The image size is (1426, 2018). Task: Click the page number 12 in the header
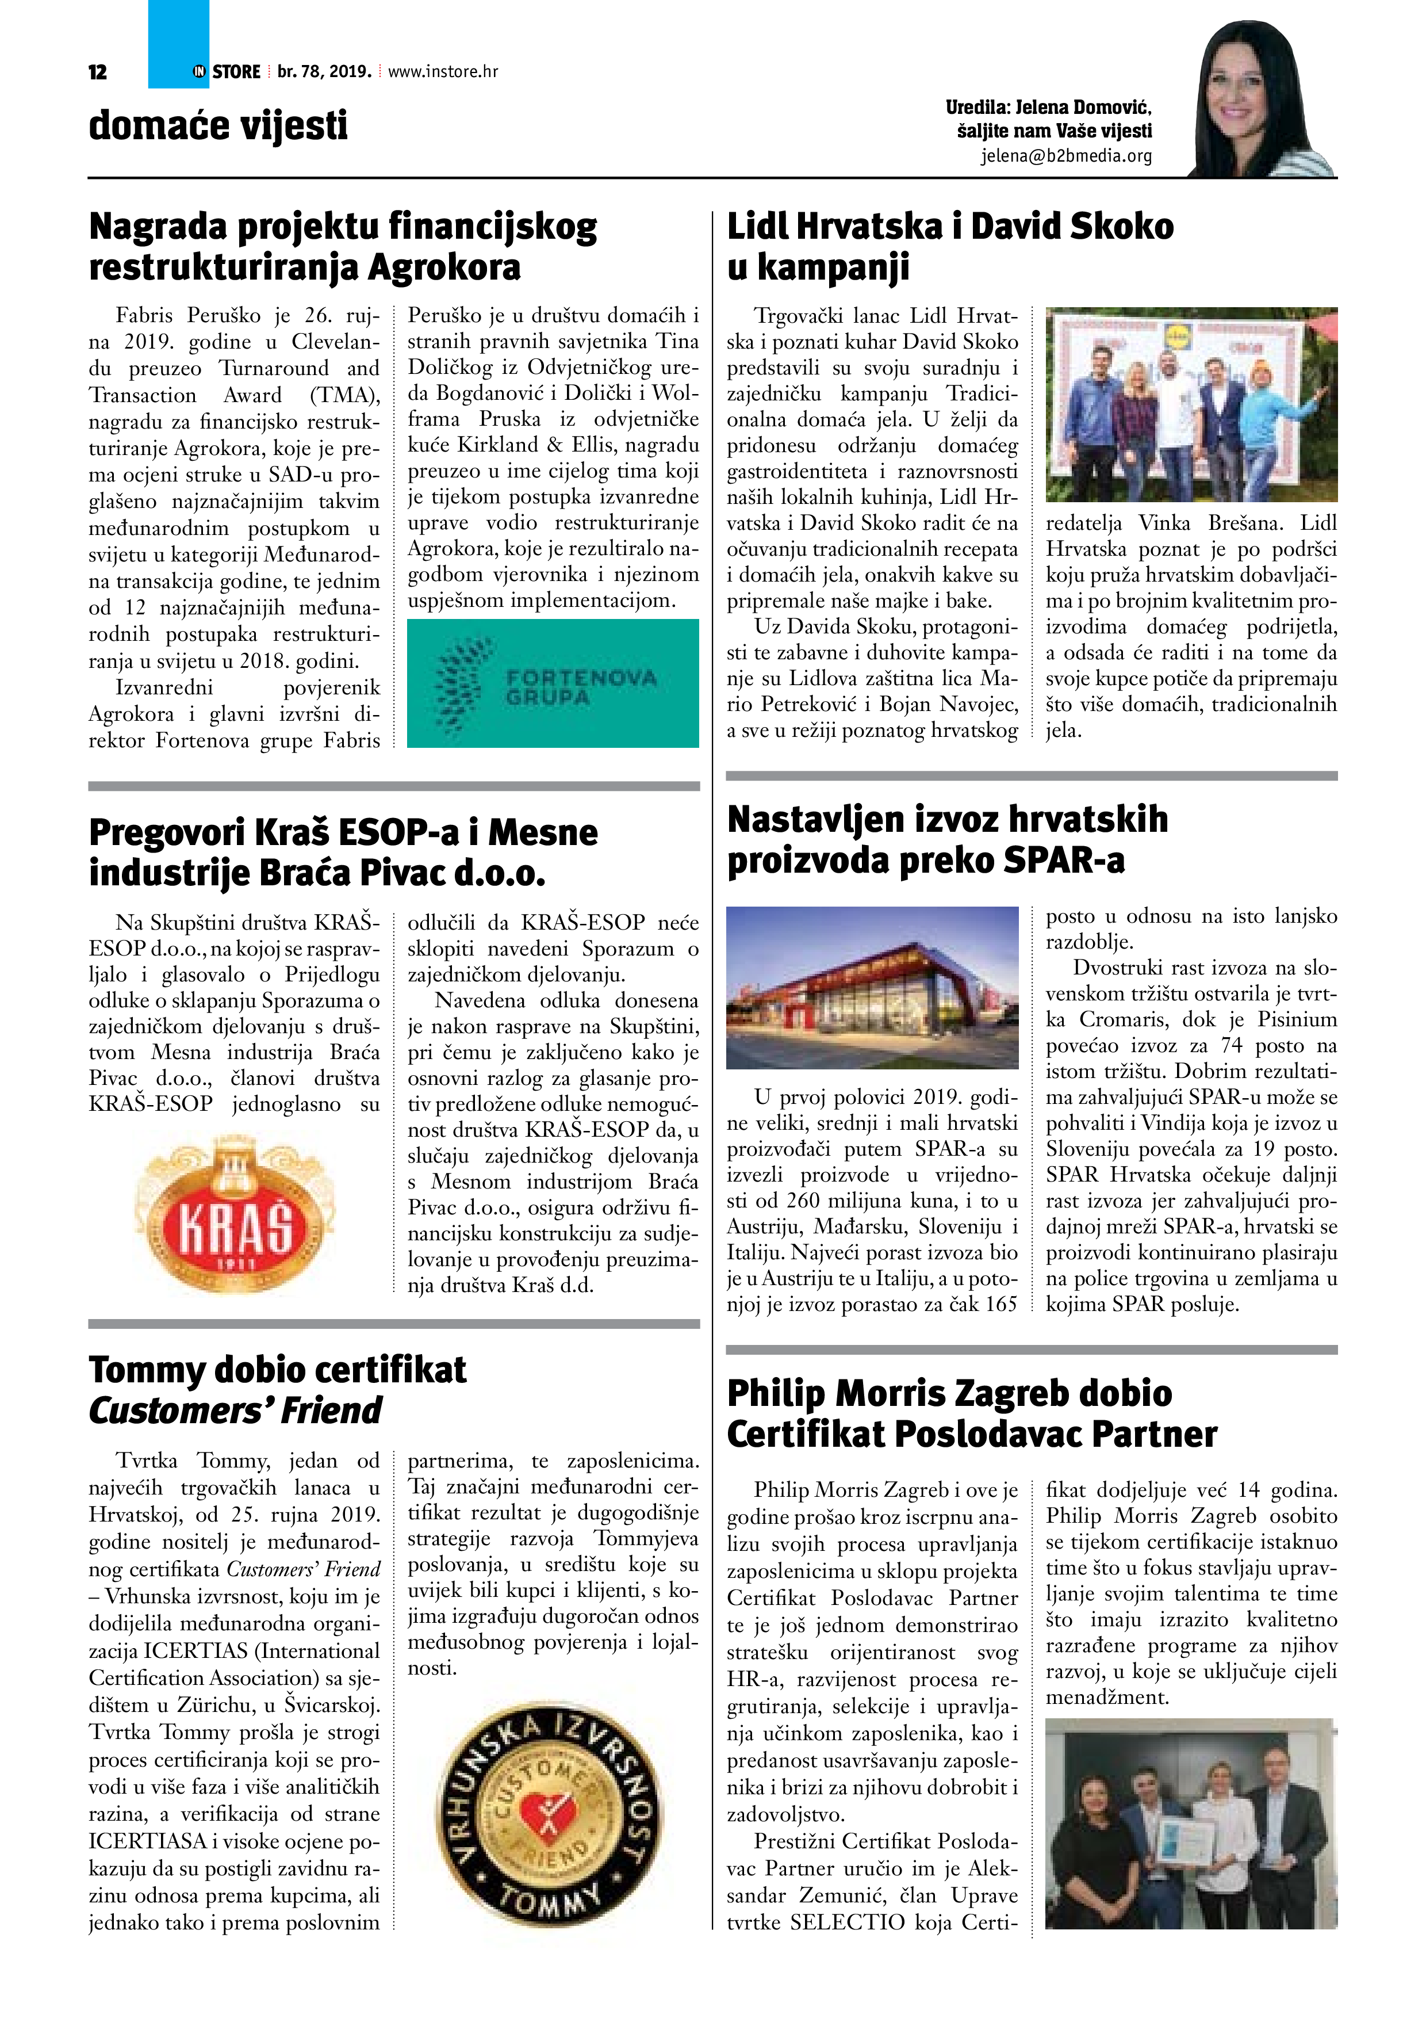point(98,72)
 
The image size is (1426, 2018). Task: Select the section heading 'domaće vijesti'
point(218,125)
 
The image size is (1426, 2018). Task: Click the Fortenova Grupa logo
point(553,683)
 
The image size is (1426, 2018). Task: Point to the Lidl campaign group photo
point(1190,404)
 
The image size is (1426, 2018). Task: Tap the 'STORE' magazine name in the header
point(236,72)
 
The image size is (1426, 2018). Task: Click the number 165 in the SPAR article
point(1000,1304)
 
